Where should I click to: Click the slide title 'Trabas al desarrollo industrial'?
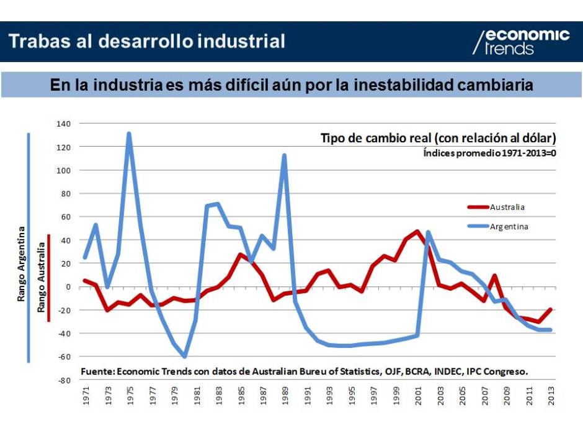[x=148, y=42]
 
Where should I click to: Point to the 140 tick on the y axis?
[x=65, y=124]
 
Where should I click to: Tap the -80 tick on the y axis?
[x=65, y=380]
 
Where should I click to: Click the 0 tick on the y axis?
[x=69, y=287]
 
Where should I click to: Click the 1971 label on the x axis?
[x=86, y=397]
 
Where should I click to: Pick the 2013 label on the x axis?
[x=550, y=397]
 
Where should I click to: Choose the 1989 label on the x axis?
[x=285, y=397]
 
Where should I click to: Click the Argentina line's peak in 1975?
[x=129, y=134]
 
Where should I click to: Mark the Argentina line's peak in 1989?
[x=284, y=155]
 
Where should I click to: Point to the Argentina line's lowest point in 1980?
[x=185, y=357]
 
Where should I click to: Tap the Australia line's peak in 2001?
[x=417, y=232]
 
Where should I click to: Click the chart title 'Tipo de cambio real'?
[x=437, y=138]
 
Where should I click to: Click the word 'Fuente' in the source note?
[x=97, y=372]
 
